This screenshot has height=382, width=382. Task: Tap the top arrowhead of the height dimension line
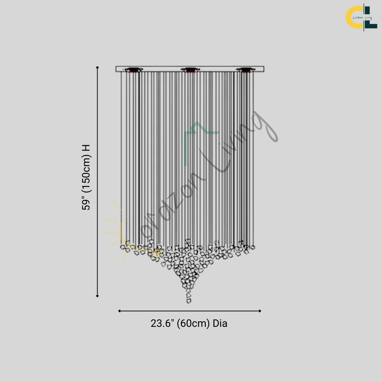(x=97, y=67)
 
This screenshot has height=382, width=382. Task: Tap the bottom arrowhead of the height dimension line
(x=97, y=296)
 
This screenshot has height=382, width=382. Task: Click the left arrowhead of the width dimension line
(x=120, y=311)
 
